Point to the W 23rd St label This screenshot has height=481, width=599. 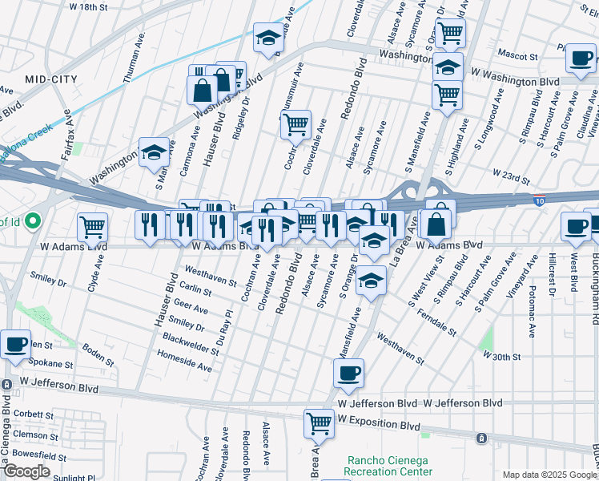click(513, 173)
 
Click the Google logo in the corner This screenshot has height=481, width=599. click(26, 471)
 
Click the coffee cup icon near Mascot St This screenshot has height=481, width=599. click(581, 59)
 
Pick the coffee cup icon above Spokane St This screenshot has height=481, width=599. click(16, 345)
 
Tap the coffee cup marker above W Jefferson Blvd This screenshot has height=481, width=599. click(348, 373)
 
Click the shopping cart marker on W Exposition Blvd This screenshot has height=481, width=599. click(319, 422)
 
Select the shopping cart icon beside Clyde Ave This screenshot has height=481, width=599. click(93, 228)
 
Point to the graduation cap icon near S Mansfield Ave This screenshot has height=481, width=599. click(372, 281)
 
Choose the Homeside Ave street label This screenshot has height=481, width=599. click(187, 366)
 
